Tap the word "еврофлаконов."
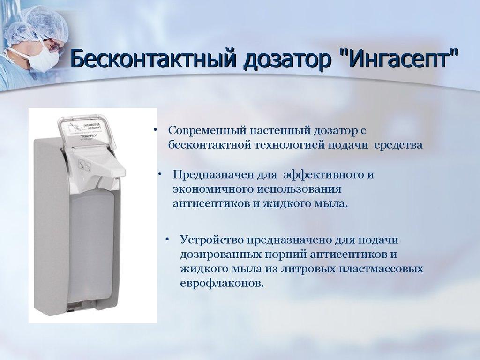pos(222,284)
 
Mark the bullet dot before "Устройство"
pos(167,240)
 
